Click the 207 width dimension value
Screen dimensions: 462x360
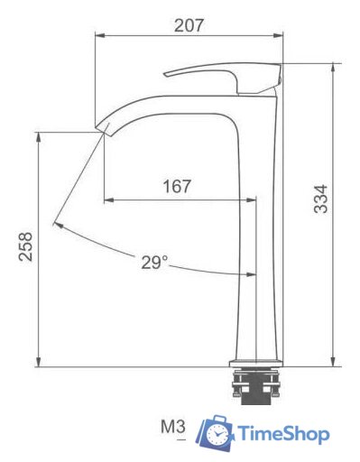[189, 24]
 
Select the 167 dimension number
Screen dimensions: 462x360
[177, 187]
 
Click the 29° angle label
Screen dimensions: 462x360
[154, 263]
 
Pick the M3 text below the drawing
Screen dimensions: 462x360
[172, 426]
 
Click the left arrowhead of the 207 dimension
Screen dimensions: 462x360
[98, 37]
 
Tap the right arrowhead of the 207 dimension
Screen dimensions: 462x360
[279, 37]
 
